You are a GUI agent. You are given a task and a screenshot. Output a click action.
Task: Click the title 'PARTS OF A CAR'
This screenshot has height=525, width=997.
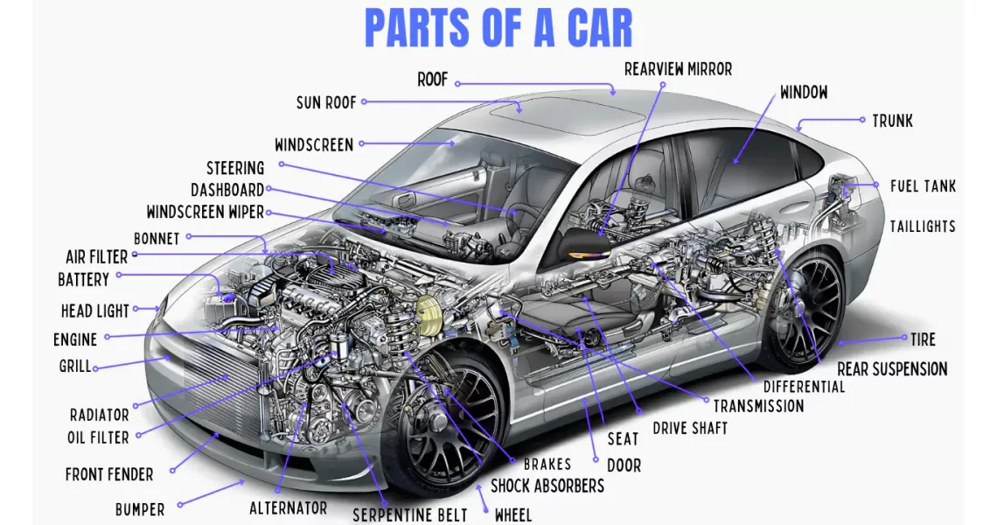pos(499,29)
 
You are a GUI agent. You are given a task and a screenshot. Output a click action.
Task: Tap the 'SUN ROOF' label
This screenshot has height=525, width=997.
pos(326,102)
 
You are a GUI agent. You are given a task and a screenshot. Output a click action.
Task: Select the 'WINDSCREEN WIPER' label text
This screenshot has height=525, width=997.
pos(205,212)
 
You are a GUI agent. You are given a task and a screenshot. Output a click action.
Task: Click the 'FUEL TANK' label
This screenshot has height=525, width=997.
pos(923,185)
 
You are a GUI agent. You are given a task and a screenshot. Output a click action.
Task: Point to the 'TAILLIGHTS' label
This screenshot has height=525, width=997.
pos(922,226)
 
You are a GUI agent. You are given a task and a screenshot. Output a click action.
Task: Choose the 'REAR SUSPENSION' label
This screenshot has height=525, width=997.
pos(892,368)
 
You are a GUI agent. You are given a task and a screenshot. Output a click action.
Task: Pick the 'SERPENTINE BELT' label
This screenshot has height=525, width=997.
pos(410,514)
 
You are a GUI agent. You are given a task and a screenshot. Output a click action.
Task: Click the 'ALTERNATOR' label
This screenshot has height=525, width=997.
pos(288,507)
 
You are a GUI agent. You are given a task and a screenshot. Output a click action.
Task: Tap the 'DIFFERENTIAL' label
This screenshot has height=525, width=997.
pos(804,386)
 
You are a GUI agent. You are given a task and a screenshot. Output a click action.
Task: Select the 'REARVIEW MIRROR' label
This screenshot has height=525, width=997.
pos(678,69)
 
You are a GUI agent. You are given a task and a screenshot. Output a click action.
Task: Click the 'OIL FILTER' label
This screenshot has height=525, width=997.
pos(98,437)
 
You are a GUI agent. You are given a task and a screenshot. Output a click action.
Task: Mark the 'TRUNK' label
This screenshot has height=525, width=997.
pos(892,120)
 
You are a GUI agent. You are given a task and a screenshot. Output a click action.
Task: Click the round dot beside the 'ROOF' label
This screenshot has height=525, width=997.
pos(457,84)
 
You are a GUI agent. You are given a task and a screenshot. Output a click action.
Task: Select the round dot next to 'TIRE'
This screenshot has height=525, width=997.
pos(905,338)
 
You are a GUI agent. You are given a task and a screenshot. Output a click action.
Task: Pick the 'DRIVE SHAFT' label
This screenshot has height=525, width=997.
pos(690,428)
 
